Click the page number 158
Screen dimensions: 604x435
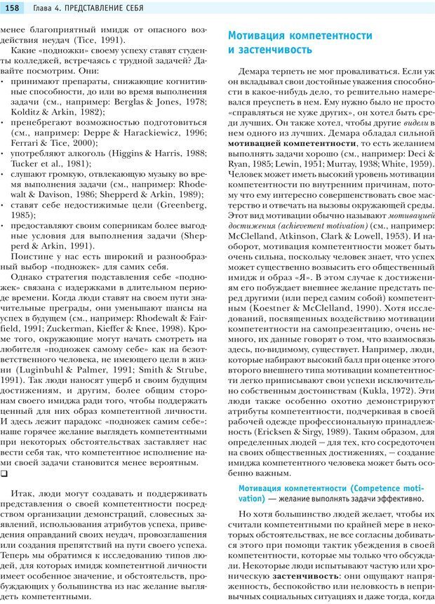(x=14, y=7)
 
